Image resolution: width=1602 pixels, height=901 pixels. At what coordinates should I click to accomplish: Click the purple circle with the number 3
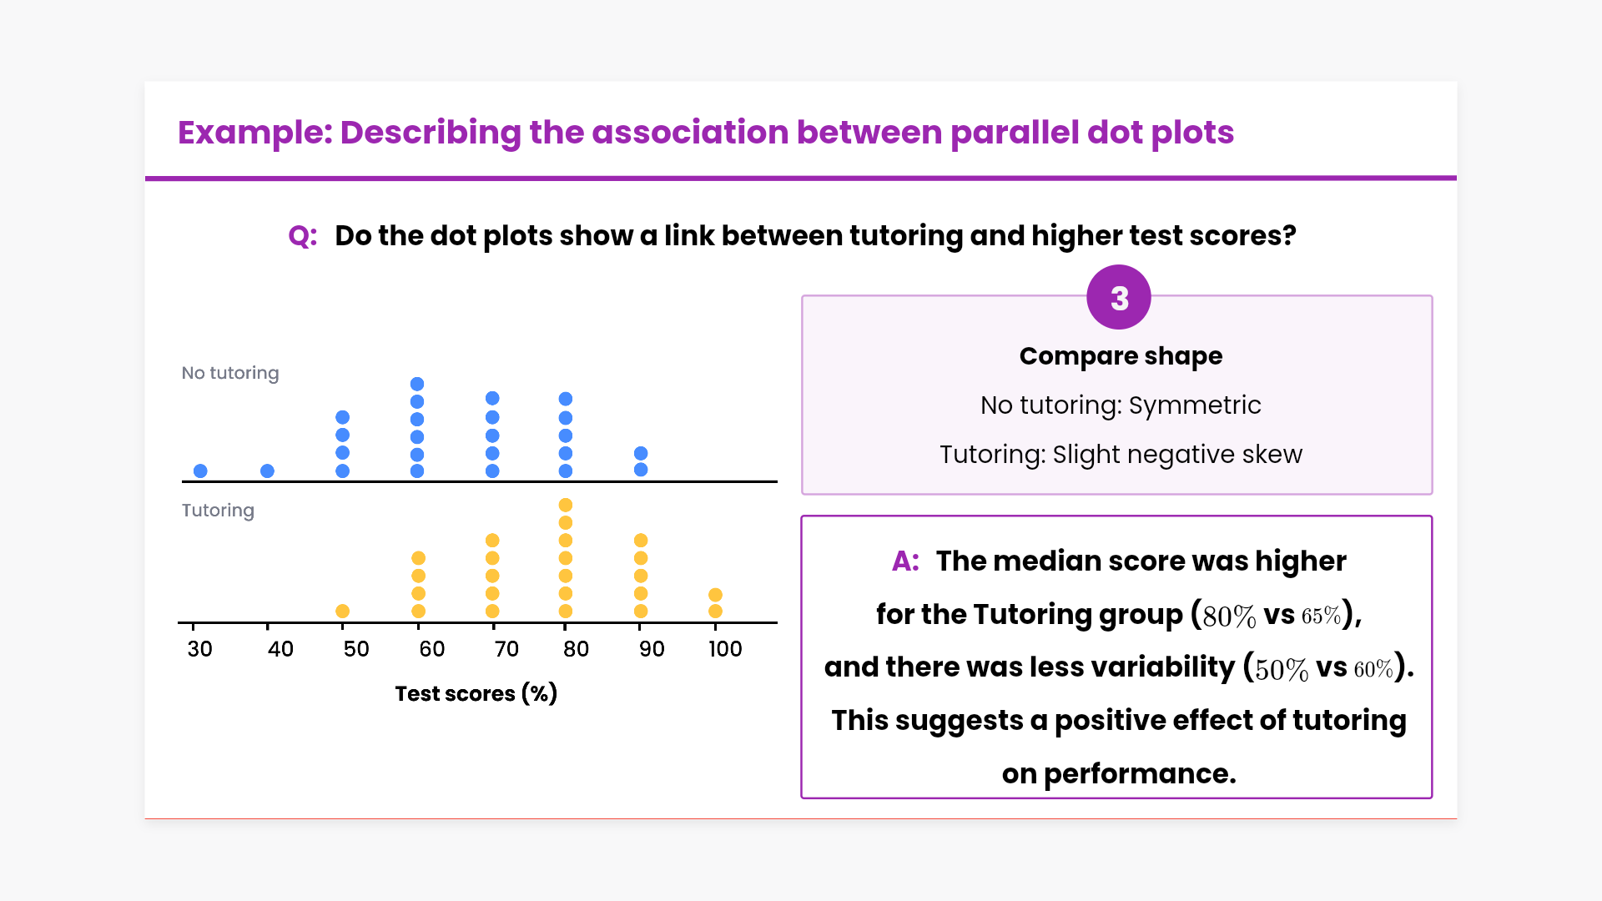pyautogui.click(x=1119, y=298)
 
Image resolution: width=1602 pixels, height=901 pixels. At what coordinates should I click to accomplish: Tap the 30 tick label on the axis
pyautogui.click(x=199, y=649)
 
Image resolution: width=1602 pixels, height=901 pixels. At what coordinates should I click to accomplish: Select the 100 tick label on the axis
pyautogui.click(x=725, y=649)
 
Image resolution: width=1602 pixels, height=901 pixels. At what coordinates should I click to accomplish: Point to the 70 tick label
pyautogui.click(x=506, y=649)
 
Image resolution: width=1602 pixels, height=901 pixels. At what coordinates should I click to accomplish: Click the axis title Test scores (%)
pyautogui.click(x=476, y=693)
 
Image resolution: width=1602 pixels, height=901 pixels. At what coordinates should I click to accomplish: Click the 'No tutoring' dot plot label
pyautogui.click(x=230, y=373)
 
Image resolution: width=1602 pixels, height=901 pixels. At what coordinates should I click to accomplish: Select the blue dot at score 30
pyautogui.click(x=200, y=471)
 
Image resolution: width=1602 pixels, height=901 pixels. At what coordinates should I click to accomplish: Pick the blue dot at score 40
pyautogui.click(x=267, y=471)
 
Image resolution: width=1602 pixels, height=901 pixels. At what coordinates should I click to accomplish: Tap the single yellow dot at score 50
pyautogui.click(x=342, y=611)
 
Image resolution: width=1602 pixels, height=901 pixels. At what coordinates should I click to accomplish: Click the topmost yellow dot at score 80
pyautogui.click(x=565, y=505)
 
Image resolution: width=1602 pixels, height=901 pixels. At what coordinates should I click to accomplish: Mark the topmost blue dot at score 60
pyautogui.click(x=417, y=384)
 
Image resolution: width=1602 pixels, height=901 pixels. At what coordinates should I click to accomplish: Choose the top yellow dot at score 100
pyautogui.click(x=715, y=595)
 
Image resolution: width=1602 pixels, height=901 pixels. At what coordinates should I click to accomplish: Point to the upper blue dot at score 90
pyautogui.click(x=641, y=453)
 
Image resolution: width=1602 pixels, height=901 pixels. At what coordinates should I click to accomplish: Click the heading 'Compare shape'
pyautogui.click(x=1121, y=356)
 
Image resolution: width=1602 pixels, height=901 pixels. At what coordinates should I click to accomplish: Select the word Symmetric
pyautogui.click(x=1195, y=405)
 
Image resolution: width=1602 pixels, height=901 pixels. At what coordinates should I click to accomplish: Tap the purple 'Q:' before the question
pyautogui.click(x=302, y=236)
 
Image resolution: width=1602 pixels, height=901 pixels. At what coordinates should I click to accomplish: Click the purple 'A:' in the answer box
pyautogui.click(x=905, y=561)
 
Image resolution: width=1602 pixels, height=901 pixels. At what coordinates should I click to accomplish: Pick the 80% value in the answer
pyautogui.click(x=1229, y=617)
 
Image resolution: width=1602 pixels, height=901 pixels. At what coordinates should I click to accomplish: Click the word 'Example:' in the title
pyautogui.click(x=254, y=133)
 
